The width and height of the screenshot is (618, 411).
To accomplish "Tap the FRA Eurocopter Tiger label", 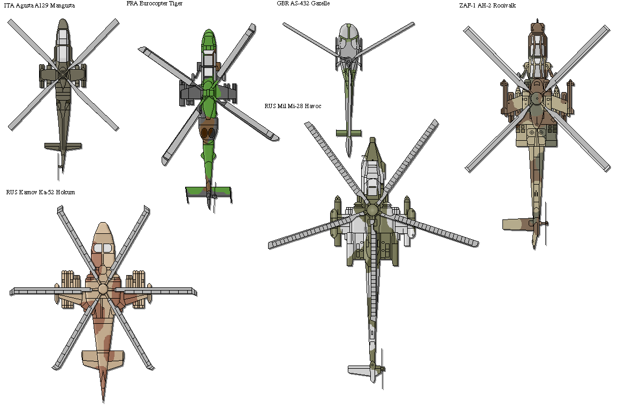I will (x=154, y=4).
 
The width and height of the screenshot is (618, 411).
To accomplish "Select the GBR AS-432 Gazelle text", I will (x=303, y=4).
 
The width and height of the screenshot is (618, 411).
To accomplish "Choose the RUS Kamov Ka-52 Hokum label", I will (x=40, y=192).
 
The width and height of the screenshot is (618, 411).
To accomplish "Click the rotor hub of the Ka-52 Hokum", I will (x=103, y=289).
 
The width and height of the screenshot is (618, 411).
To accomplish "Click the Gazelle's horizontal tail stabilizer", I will (x=348, y=132).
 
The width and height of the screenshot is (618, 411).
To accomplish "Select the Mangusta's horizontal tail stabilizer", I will (x=63, y=146).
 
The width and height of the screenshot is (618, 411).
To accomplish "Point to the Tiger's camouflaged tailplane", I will (x=209, y=191).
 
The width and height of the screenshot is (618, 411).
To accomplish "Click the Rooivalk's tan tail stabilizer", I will (x=518, y=223).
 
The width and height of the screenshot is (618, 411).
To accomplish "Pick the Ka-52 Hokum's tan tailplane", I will (x=103, y=356).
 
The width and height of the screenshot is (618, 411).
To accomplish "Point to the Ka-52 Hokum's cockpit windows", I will (x=103, y=248).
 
